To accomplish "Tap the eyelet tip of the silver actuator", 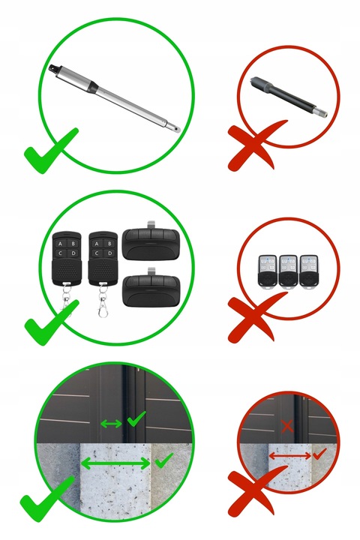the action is (x=177, y=130).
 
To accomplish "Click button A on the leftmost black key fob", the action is (x=60, y=244).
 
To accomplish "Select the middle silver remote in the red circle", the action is (x=288, y=271).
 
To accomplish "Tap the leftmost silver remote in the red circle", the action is (x=268, y=271).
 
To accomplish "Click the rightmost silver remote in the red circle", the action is (x=309, y=271).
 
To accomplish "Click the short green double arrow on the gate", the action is (x=111, y=424).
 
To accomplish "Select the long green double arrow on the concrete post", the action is (x=115, y=464).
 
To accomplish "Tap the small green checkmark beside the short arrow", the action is (x=136, y=418).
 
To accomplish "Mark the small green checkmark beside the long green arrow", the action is (x=164, y=460).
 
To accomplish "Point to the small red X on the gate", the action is (x=287, y=426).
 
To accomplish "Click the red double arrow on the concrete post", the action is (x=289, y=456).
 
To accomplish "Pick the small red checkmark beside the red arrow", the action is (x=319, y=453).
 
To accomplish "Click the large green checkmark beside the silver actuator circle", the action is (x=51, y=151).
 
